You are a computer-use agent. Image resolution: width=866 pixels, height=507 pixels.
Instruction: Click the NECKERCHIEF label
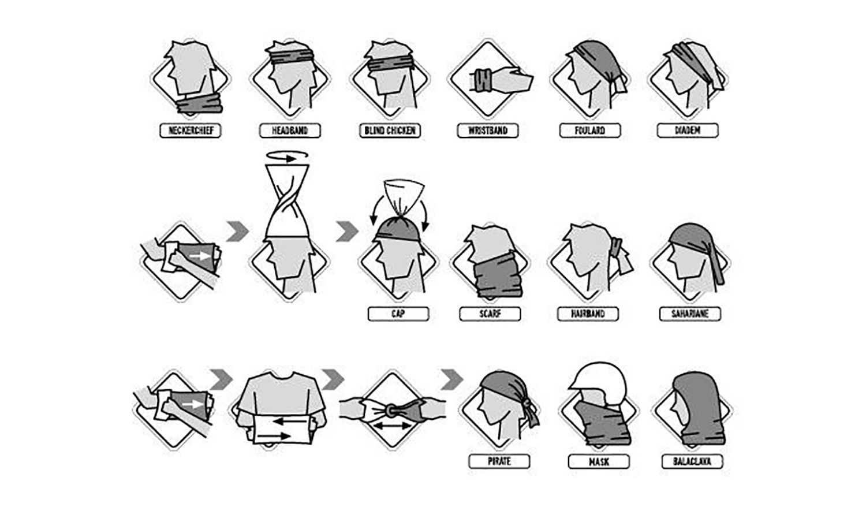point(190,131)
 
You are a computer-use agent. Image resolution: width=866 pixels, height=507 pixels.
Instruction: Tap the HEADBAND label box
point(290,131)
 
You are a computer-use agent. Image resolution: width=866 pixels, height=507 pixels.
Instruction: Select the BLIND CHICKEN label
point(390,131)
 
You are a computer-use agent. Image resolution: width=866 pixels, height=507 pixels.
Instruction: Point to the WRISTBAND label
point(488,131)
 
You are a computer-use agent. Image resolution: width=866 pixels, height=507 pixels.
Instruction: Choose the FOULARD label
point(590,131)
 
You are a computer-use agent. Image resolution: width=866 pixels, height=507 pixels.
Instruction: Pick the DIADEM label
point(688,131)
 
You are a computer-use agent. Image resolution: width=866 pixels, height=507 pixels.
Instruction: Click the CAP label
point(398,314)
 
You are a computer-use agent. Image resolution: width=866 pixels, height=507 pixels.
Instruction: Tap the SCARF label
point(490,314)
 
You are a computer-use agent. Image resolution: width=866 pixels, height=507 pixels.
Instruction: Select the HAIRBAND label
point(588,314)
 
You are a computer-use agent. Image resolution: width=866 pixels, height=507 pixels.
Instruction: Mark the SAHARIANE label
point(690,314)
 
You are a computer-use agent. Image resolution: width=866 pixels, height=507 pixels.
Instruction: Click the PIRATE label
point(499,461)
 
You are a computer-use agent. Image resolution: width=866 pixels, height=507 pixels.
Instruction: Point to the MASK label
point(599,461)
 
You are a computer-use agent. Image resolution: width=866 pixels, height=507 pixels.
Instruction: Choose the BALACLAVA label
point(692,461)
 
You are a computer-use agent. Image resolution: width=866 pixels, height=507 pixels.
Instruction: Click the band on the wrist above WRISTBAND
point(483,80)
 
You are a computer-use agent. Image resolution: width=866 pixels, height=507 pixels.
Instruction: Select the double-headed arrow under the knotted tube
point(393,426)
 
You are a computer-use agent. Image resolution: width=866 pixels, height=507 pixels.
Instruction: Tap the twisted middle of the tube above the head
point(288,201)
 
